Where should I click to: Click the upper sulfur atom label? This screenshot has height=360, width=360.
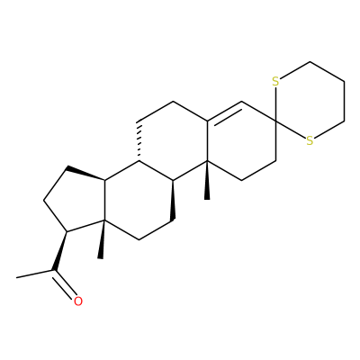coord(275,81)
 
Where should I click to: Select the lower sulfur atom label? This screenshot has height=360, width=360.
coord(310,140)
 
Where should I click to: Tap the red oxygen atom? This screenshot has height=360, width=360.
coord(78,301)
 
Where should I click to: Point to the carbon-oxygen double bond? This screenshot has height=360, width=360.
coord(63,284)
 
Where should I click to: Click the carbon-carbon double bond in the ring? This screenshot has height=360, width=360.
coord(224,112)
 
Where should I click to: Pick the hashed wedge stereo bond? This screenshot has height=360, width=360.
coord(139,141)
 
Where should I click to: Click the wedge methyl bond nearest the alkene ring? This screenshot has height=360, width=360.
coord(207,180)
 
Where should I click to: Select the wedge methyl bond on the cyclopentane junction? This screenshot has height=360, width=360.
coord(102,239)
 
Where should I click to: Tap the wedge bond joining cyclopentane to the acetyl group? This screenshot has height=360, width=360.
coord(60,251)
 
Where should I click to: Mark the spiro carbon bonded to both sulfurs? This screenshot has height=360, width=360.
coord(276,121)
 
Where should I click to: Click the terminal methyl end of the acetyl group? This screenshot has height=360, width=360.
coord(17,277)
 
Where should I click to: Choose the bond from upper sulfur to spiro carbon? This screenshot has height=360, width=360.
coord(276,103)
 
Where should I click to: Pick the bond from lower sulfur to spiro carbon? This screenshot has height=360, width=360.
coord(291,130)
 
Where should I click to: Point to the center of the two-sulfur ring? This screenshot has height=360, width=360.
coord(310,102)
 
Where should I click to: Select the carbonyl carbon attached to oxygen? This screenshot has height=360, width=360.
coord(54,270)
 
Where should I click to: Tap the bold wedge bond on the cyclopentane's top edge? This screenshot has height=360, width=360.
coord(86,173)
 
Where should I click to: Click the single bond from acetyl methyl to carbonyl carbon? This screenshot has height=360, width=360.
coord(35,274)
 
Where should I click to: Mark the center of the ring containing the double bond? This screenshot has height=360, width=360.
coord(241,141)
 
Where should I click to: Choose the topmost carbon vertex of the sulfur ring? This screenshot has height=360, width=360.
coord(310,62)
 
